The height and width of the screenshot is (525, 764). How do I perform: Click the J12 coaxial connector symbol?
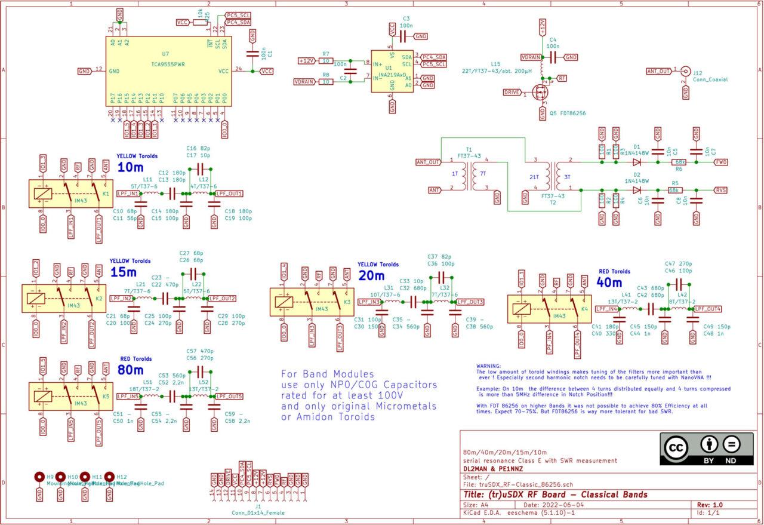(685, 71)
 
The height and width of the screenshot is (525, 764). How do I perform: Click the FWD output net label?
(721, 162)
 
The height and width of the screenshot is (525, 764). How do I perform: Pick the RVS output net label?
(721, 189)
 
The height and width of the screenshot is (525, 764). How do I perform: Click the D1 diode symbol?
(636, 161)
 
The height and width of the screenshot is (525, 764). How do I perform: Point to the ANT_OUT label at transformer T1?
(428, 162)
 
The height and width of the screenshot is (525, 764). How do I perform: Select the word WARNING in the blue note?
(489, 366)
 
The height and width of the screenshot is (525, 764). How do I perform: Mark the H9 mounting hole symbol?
(39, 477)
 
